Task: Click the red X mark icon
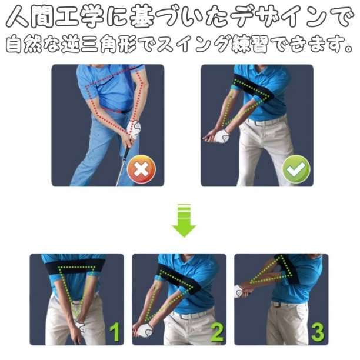(141, 169)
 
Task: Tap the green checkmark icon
(296, 169)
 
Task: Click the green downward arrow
(184, 221)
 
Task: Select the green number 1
(115, 332)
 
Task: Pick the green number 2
(216, 332)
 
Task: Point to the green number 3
(318, 332)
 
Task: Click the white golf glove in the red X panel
(134, 129)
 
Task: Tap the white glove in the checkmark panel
(221, 136)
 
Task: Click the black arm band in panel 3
(287, 268)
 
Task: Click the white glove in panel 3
(239, 291)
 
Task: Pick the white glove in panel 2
(145, 331)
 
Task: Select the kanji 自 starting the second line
(14, 44)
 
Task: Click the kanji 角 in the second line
(109, 44)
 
